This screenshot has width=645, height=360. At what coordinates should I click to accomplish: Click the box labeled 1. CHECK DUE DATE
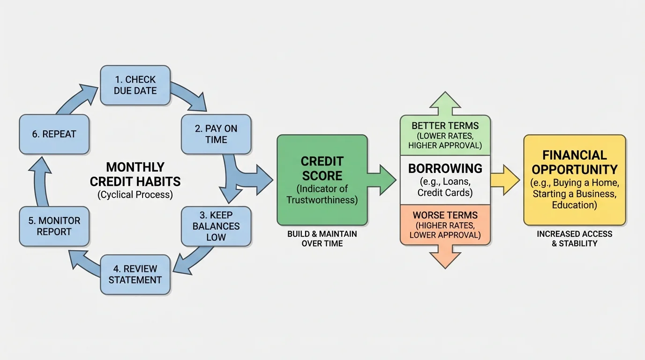(135, 85)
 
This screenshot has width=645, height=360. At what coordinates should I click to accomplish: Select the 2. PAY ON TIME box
(216, 134)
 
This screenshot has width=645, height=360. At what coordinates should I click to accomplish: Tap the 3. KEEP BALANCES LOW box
(216, 226)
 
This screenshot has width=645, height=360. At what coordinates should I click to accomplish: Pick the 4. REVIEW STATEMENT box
(135, 274)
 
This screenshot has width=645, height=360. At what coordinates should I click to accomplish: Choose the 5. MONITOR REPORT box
(54, 226)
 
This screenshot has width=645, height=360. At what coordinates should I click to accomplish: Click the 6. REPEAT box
(54, 134)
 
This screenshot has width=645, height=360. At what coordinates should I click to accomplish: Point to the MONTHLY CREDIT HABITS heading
(135, 174)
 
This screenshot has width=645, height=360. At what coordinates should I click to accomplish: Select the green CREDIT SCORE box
(322, 180)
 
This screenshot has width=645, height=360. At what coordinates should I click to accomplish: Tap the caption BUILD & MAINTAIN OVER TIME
(322, 239)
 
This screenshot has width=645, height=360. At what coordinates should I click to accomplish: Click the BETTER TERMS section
(445, 135)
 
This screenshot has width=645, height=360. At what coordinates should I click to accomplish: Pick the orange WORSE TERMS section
(445, 225)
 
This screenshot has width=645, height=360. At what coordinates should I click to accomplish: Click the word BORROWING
(445, 168)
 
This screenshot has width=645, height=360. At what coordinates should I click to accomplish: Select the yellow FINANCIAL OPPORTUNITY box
(574, 180)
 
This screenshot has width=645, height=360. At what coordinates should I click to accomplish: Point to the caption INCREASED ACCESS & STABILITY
(574, 239)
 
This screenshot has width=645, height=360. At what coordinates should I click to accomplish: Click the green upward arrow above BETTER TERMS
(445, 103)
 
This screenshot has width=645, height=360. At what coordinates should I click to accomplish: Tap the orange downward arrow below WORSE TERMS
(445, 256)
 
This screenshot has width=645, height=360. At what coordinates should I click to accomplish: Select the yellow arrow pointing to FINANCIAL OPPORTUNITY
(505, 180)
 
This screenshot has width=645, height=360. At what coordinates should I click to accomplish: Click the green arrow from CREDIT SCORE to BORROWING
(382, 180)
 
